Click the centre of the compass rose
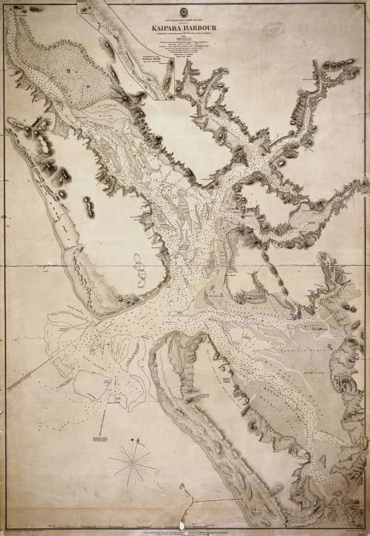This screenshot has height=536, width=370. (x=132, y=462)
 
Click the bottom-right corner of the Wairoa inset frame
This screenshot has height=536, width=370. (x=174, y=99)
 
